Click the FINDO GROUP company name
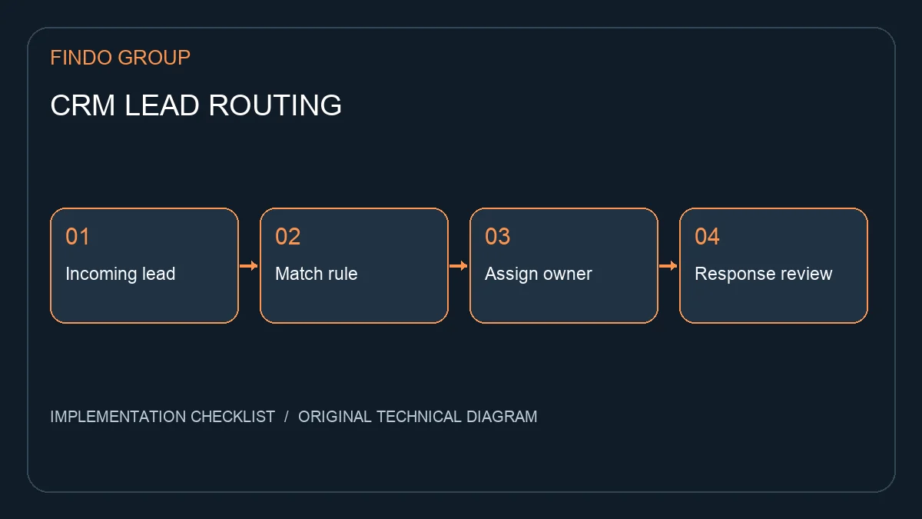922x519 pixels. pyautogui.click(x=120, y=58)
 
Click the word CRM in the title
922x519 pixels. pyautogui.click(x=82, y=105)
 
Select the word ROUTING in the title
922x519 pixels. pyautogui.click(x=275, y=105)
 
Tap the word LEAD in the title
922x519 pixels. pyautogui.click(x=162, y=105)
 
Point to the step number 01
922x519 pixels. pyautogui.click(x=78, y=237)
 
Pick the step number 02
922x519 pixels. pyautogui.click(x=287, y=237)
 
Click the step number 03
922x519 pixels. pyautogui.click(x=498, y=237)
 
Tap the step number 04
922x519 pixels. pyautogui.click(x=707, y=237)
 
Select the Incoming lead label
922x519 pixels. pyautogui.click(x=120, y=274)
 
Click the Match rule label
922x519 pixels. pyautogui.click(x=316, y=274)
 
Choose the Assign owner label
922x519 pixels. pyautogui.click(x=539, y=274)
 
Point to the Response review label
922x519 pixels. pyautogui.click(x=764, y=274)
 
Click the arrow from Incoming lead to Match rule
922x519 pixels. pyautogui.click(x=249, y=266)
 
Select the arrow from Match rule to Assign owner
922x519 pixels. pyautogui.click(x=459, y=266)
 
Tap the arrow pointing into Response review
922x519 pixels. pyautogui.click(x=668, y=266)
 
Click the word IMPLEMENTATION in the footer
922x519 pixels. pyautogui.click(x=118, y=417)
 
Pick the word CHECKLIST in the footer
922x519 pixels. pyautogui.click(x=233, y=417)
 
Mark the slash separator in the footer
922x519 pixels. pyautogui.click(x=287, y=417)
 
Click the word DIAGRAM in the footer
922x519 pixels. pyautogui.click(x=502, y=417)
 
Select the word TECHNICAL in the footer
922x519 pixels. pyautogui.click(x=419, y=417)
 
